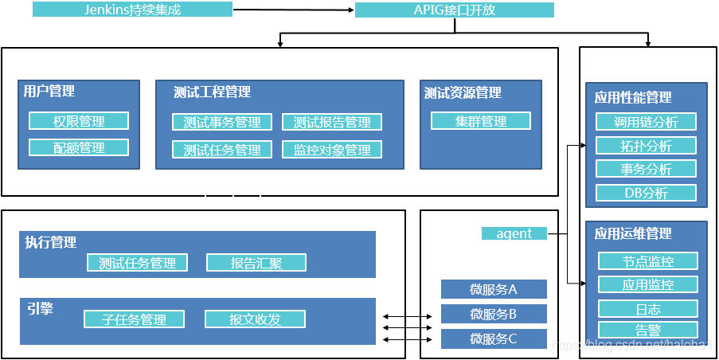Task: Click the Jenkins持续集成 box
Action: [132, 10]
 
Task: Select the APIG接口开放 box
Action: [454, 10]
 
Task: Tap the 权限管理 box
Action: [79, 121]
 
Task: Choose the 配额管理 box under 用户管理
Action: [79, 147]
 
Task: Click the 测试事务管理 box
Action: [222, 122]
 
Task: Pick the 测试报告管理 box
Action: [332, 122]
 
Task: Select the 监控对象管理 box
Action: [332, 149]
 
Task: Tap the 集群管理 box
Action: [481, 121]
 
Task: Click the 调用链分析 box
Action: [647, 121]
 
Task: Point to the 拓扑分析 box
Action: [647, 146]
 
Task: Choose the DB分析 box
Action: [647, 193]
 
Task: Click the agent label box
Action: [514, 233]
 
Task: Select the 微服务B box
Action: [494, 314]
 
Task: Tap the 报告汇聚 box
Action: [256, 263]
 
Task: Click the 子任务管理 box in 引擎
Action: [134, 319]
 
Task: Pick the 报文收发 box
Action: [255, 319]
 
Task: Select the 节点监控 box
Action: [648, 261]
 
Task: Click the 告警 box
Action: [648, 330]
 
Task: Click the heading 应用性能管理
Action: [633, 97]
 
